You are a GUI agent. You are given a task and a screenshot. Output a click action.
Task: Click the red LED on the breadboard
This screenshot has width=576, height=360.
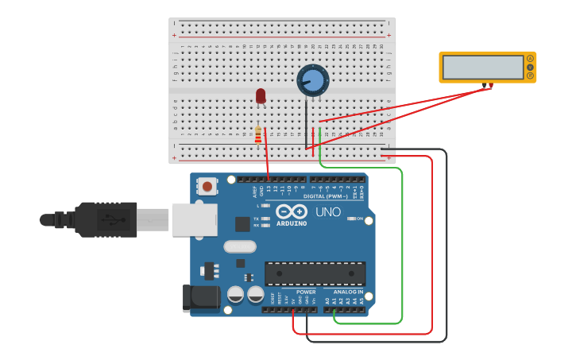click(x=261, y=95)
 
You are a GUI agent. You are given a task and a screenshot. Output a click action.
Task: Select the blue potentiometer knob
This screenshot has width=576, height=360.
click(x=313, y=80)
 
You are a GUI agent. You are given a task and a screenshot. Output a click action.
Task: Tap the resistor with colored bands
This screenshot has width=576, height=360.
click(x=257, y=136)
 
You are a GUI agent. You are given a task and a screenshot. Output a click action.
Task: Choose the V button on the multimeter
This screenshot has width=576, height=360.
click(x=530, y=68)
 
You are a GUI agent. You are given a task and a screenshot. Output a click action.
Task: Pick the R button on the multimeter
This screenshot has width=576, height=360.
click(x=530, y=76)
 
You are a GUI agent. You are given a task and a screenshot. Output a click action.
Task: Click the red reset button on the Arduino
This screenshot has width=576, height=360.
click(x=207, y=187)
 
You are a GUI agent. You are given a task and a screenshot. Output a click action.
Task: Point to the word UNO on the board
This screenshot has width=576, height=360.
click(x=327, y=212)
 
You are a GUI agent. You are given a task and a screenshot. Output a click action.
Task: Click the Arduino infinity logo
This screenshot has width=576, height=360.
click(x=292, y=211)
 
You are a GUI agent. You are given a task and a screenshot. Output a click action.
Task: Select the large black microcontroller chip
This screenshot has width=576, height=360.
click(x=315, y=273)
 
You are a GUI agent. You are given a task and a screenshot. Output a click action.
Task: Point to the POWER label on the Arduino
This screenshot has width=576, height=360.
click(x=306, y=292)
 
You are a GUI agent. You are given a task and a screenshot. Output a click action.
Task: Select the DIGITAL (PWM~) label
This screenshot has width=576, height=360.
click(x=326, y=195)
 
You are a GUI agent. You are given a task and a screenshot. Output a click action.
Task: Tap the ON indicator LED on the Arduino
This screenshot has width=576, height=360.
click(x=350, y=219)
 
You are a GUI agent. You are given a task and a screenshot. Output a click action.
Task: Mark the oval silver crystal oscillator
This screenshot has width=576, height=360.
click(x=240, y=246)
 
